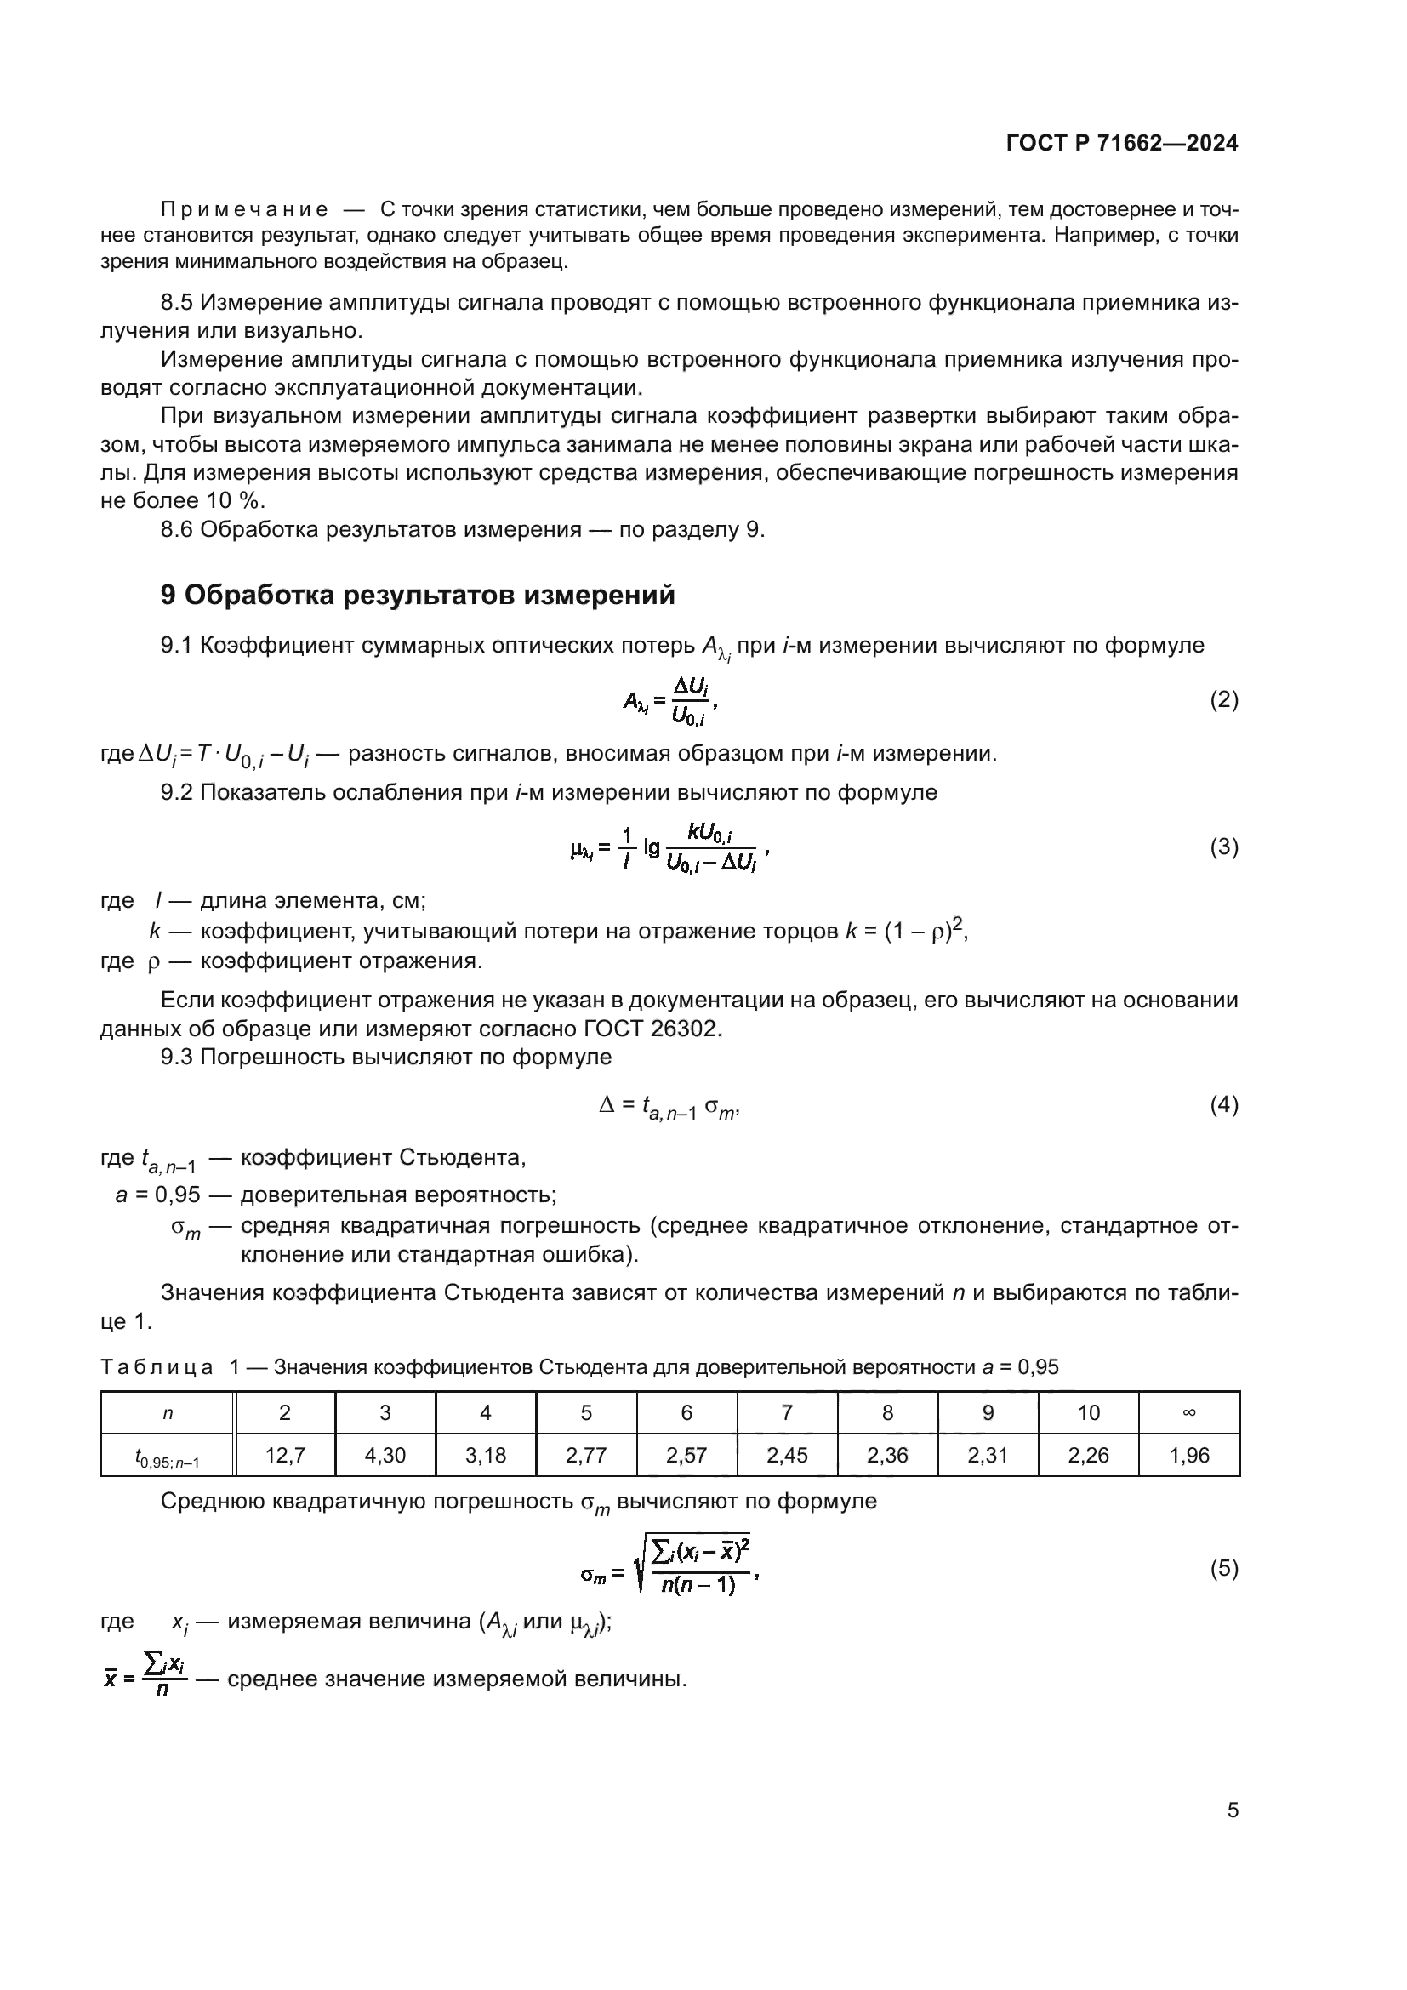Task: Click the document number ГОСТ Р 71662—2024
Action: pyautogui.click(x=1122, y=143)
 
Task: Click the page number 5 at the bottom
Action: pyautogui.click(x=1232, y=1810)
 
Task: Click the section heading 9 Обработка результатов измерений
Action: pyautogui.click(x=417, y=596)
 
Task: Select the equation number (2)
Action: pyautogui.click(x=1223, y=699)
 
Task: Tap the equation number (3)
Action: pyautogui.click(x=1223, y=847)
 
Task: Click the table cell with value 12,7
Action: pyautogui.click(x=284, y=1455)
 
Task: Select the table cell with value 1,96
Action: pyautogui.click(x=1188, y=1455)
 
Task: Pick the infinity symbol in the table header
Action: pyautogui.click(x=1188, y=1413)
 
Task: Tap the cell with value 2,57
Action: pyautogui.click(x=686, y=1455)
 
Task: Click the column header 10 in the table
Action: pyautogui.click(x=1088, y=1413)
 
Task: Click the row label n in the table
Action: pyautogui.click(x=168, y=1413)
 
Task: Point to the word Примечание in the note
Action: pyautogui.click(x=244, y=210)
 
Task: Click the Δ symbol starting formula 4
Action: pyautogui.click(x=607, y=1104)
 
